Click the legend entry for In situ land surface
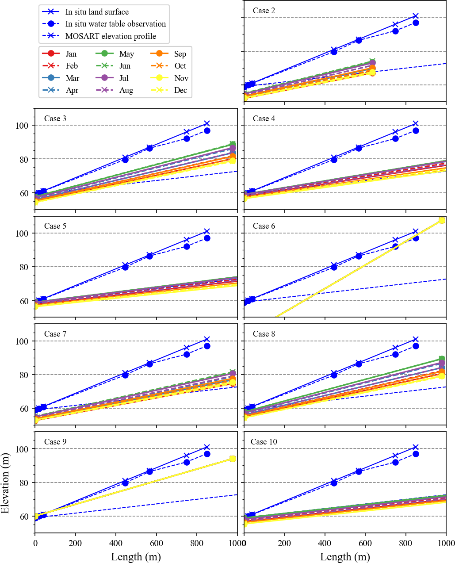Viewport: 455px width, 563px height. point(97,12)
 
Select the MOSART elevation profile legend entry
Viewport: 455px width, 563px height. point(111,36)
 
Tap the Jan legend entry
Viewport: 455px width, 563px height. point(71,54)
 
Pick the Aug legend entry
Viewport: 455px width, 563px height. point(126,90)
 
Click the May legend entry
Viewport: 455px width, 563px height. point(126,54)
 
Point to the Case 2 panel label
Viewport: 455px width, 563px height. point(264,11)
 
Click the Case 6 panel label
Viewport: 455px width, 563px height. point(264,226)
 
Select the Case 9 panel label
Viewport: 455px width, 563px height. point(55,442)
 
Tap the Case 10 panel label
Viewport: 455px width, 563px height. point(264,442)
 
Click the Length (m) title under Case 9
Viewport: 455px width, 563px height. point(136,557)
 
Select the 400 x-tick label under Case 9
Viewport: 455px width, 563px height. point(116,543)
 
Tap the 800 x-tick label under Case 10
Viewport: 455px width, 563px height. point(405,543)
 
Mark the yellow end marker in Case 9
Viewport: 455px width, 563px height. point(233,459)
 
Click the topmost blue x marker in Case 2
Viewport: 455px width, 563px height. point(416,16)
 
